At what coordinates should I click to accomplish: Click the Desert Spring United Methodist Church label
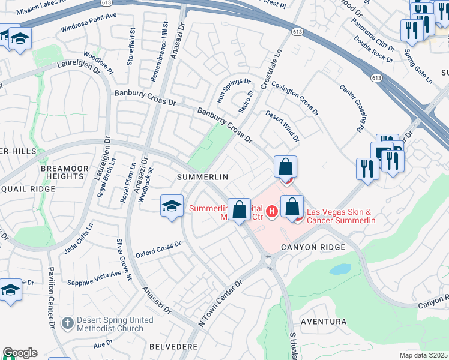pos(111,324)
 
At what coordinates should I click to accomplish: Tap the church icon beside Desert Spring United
pos(67,323)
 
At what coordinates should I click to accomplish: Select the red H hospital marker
pos(271,211)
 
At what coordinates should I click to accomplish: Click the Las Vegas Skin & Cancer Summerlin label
pos(341,217)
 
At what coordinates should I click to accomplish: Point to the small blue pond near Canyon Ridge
pos(340,269)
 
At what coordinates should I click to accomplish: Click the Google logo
pos(20,353)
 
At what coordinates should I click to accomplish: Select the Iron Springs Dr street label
pos(234,90)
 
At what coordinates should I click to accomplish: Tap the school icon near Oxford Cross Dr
pos(172,206)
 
